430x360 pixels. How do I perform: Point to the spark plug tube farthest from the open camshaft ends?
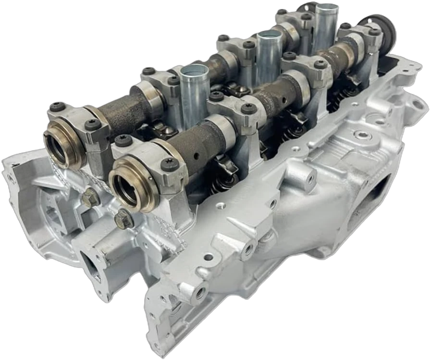point(326,26)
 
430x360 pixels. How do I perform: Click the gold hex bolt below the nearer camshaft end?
point(123,219)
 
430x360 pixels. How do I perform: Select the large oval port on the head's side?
point(380,197)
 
